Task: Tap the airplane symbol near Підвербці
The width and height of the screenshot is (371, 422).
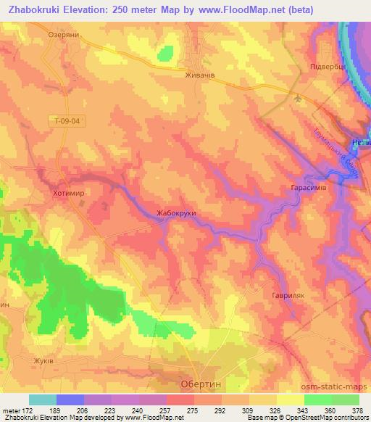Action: [298, 98]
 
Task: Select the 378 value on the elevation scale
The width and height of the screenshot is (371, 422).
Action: [358, 411]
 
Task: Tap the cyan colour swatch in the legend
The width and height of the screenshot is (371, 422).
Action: [43, 400]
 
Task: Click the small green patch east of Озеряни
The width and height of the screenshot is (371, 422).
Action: [166, 53]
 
